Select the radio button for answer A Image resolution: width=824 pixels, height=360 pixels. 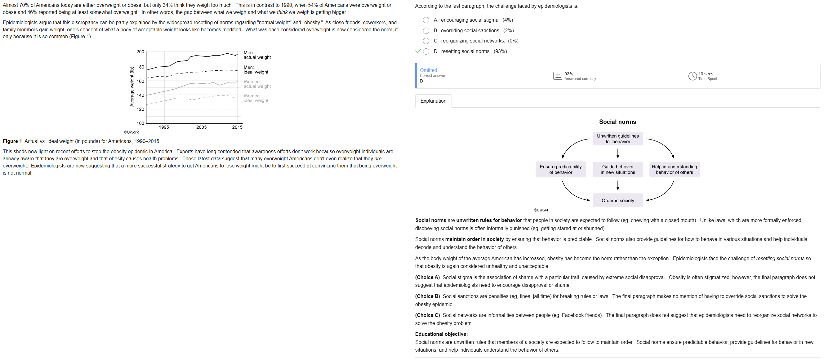(426, 20)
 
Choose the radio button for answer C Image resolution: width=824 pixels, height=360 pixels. (426, 41)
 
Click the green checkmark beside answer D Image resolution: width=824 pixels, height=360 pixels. (417, 51)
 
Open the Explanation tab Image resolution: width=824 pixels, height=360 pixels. (433, 101)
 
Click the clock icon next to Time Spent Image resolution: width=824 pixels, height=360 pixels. (692, 76)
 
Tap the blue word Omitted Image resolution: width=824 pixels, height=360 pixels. (428, 70)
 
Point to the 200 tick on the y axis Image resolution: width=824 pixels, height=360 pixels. (140, 52)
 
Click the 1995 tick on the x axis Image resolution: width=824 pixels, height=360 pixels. (164, 127)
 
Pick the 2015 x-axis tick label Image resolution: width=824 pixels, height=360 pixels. (237, 127)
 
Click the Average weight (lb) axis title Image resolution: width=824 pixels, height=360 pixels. (132, 86)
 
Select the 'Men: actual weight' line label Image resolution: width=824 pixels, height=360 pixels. (257, 55)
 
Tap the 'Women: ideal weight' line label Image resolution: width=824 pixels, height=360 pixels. (256, 98)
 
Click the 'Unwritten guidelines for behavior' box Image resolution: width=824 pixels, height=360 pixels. (617, 139)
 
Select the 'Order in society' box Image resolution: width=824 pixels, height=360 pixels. (617, 200)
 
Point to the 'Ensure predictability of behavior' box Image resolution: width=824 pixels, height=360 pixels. (560, 169)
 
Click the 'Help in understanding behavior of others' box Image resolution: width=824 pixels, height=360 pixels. (674, 169)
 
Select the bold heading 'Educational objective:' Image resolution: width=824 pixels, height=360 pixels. (441, 334)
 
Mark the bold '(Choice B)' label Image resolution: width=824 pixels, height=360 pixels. (427, 296)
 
